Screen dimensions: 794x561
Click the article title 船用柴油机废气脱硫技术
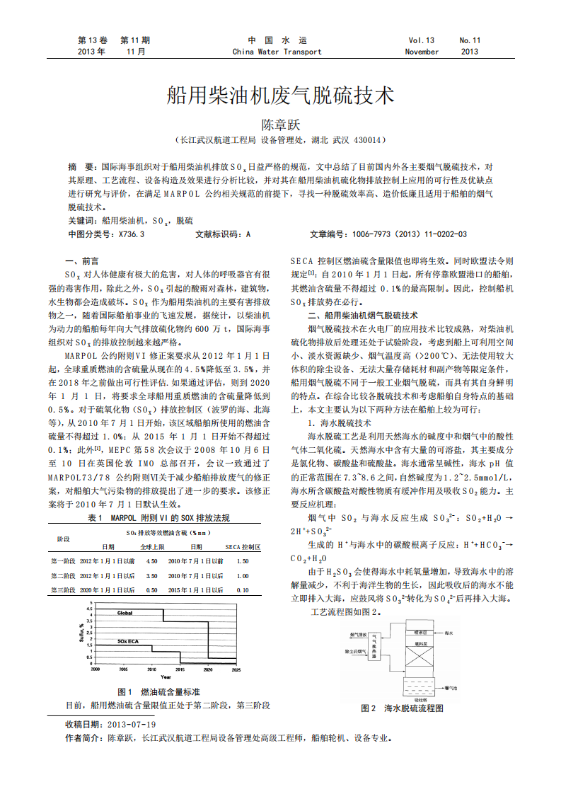[x=280, y=96]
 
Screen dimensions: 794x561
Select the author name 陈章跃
[x=280, y=124]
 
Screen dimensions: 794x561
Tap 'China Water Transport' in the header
[x=277, y=52]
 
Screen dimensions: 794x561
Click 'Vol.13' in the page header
[x=422, y=40]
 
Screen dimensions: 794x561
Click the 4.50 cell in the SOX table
[x=151, y=560]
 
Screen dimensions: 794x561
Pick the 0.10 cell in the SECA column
[x=243, y=589]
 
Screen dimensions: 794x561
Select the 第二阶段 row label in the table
[x=63, y=575]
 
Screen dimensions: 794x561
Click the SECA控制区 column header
[x=243, y=547]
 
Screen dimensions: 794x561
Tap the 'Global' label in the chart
[x=125, y=613]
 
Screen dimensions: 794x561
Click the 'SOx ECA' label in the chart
[x=128, y=641]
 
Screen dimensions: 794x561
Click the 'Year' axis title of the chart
[x=165, y=677]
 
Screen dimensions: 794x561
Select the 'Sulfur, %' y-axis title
[x=83, y=633]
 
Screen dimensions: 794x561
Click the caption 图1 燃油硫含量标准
[x=158, y=691]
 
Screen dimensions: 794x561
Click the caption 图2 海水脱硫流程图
[x=402, y=708]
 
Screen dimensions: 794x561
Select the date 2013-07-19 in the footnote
[x=131, y=725]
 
